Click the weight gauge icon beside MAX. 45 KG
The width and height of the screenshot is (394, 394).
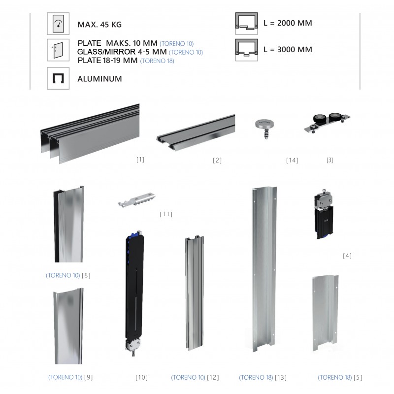click(x=58, y=24)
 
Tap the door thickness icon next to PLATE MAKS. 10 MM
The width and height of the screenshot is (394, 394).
click(x=58, y=50)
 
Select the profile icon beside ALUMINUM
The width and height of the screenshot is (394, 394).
click(x=58, y=78)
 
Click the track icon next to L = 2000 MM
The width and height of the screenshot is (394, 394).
click(x=247, y=24)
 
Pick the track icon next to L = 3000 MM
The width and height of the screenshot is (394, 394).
click(x=247, y=50)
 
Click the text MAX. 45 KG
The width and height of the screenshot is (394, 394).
click(x=99, y=25)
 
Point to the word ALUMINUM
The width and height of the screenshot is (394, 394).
click(x=99, y=79)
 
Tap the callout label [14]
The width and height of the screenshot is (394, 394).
click(x=292, y=161)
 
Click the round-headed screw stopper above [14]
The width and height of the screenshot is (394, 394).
click(x=264, y=129)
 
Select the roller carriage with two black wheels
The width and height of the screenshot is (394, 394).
click(x=327, y=123)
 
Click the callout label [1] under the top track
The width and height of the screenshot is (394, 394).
click(x=140, y=159)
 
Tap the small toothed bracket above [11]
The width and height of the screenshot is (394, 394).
click(x=137, y=199)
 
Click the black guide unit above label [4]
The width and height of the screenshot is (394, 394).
click(x=324, y=214)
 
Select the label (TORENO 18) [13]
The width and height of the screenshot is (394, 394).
click(x=263, y=377)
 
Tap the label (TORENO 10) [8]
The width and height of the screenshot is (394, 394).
click(x=68, y=275)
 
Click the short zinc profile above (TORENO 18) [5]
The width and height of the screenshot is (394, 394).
click(x=325, y=313)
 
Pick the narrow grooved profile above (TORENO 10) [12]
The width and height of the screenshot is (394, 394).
click(x=195, y=293)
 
